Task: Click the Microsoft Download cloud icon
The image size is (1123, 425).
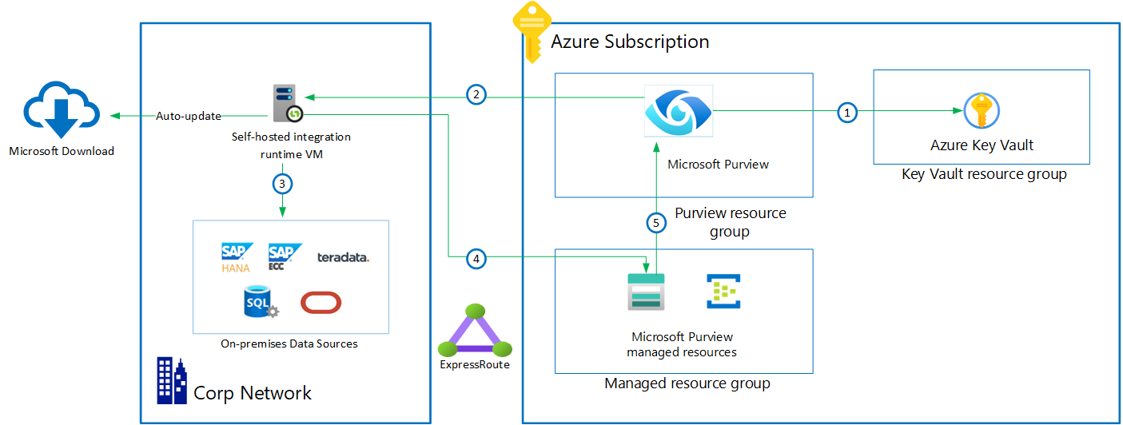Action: click(62, 110)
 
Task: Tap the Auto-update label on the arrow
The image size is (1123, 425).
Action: click(189, 116)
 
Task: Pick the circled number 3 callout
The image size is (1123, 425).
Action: click(281, 184)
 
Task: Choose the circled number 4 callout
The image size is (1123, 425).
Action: click(476, 258)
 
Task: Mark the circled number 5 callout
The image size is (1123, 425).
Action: click(656, 223)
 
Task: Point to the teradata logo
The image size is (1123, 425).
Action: click(343, 257)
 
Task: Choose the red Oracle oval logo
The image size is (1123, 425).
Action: click(321, 303)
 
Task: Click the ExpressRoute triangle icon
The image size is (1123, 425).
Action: click(475, 329)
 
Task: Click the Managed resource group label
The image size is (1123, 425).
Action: click(687, 383)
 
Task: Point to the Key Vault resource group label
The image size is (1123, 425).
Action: click(984, 173)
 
